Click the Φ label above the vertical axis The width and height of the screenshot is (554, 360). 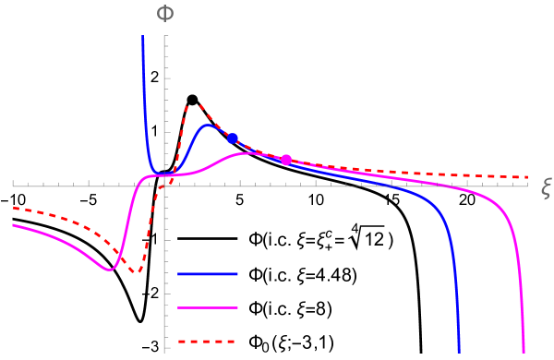click(164, 14)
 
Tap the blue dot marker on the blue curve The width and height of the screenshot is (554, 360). click(233, 138)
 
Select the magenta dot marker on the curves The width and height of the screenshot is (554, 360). click(286, 160)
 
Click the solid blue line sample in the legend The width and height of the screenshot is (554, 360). click(208, 274)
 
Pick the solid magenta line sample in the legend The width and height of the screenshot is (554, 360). click(208, 307)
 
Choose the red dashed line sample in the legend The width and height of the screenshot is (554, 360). click(208, 342)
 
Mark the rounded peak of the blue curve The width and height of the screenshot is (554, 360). click(208, 126)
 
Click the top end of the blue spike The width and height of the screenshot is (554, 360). click(143, 37)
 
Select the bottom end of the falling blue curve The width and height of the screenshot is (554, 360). click(459, 352)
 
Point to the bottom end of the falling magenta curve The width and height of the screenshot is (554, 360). click(524, 352)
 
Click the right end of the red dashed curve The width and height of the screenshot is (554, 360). click(528, 176)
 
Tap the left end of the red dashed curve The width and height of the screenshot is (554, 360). click(13, 209)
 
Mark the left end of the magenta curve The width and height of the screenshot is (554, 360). click(13, 225)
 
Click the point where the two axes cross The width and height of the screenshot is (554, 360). click(165, 185)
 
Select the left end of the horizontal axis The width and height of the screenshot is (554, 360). click(13, 185)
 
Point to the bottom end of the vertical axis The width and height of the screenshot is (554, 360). click(165, 352)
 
